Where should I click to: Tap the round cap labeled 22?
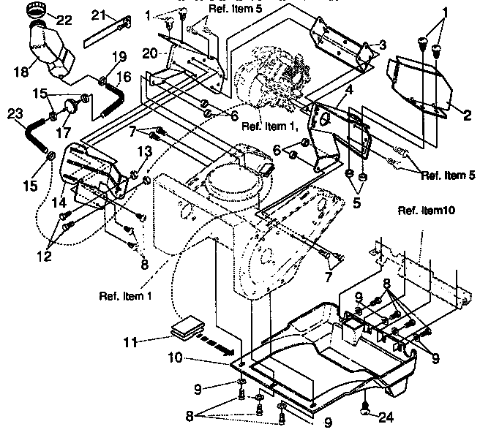coord(36,12)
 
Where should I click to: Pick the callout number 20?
coord(150,53)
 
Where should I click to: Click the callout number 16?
coord(124,75)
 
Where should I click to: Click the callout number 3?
coord(381,45)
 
